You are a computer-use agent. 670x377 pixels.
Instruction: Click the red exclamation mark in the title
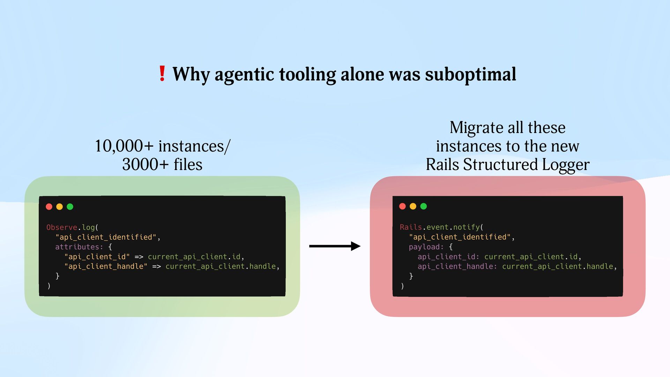pos(162,74)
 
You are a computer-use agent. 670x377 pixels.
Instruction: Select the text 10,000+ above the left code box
pos(124,146)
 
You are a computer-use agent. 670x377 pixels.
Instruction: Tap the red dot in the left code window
pos(49,207)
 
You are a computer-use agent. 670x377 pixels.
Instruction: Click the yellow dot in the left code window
pos(60,207)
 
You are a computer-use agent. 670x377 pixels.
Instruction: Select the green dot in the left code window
pos(70,207)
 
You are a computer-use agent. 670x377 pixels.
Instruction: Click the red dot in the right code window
pos(402,206)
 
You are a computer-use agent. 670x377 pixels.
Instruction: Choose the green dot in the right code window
pos(424,206)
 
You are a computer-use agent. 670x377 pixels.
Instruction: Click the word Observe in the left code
pos(62,227)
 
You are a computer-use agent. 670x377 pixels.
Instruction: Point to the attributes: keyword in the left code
pos(79,247)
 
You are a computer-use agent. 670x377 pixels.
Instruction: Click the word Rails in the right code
pos(411,227)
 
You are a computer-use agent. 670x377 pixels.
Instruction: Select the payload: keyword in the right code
pos(426,247)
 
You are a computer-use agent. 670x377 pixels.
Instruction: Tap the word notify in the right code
pos(466,227)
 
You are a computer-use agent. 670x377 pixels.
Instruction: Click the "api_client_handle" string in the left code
pos(106,266)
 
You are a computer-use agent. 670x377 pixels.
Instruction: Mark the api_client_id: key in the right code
pos(448,257)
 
